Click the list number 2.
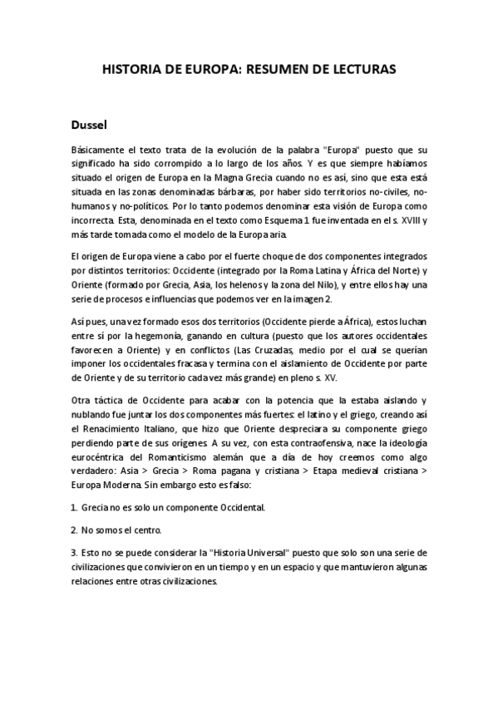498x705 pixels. click(x=74, y=529)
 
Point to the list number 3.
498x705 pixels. click(x=74, y=553)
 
